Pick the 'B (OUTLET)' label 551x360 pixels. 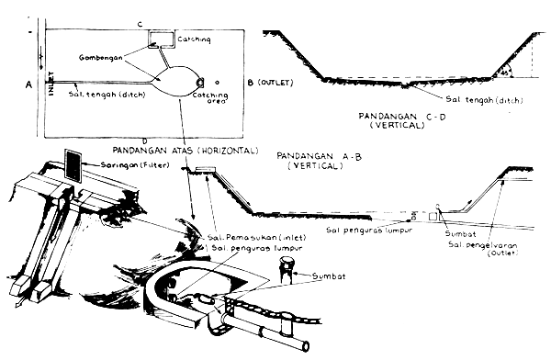pos(269,84)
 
